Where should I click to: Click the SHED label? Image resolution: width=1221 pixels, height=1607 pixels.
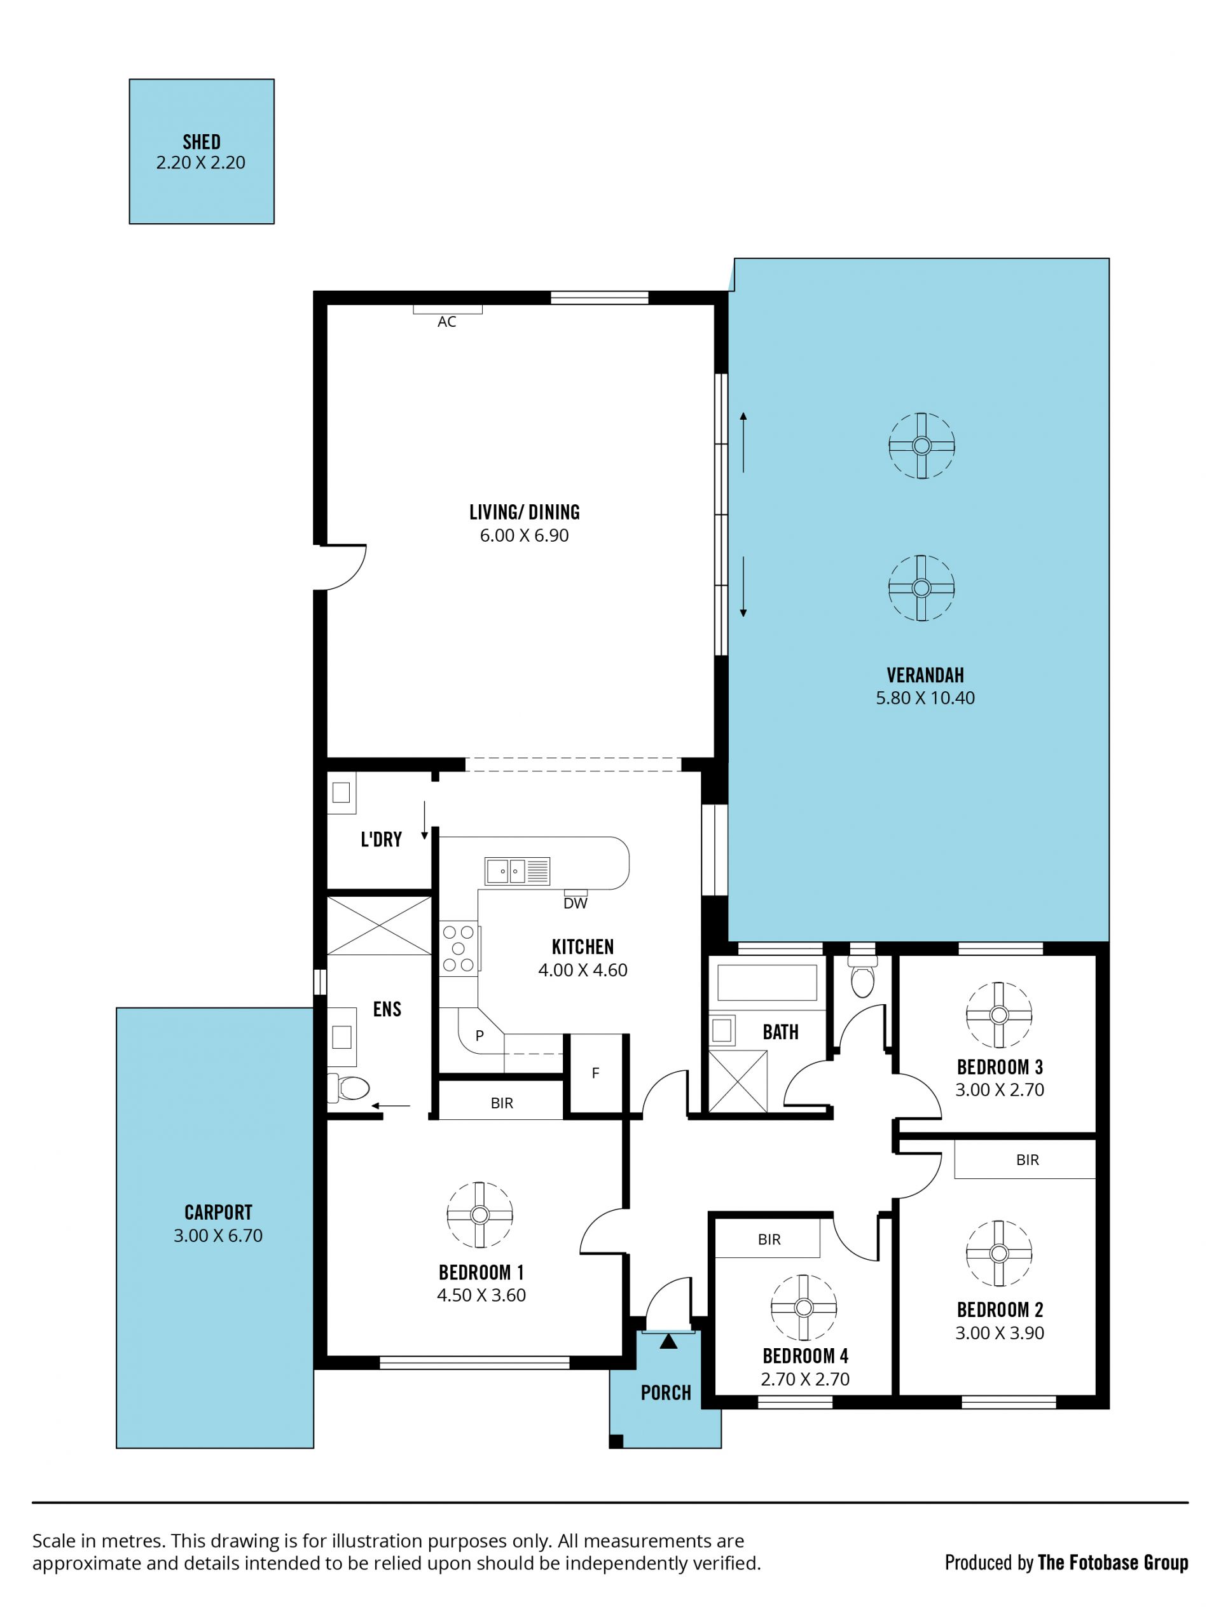coord(202,142)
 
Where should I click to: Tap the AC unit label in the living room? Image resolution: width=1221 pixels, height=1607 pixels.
coord(447,322)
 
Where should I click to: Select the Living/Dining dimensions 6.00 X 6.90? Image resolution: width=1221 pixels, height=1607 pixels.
coord(524,535)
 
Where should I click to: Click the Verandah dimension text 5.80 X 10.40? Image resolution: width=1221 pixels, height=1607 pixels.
coord(925,698)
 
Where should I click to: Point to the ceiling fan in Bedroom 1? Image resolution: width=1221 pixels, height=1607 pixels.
coord(479,1215)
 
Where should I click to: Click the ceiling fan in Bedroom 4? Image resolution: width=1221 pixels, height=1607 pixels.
coord(804,1307)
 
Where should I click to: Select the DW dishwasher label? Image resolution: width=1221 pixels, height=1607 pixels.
coord(575,904)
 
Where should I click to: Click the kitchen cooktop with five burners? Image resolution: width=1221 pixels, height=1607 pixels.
coord(459,949)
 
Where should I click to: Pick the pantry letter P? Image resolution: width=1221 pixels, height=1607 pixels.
coord(479,1037)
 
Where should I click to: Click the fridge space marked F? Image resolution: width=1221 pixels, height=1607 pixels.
coord(595,1073)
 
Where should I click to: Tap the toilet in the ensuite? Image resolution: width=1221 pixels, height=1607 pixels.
coord(349,1088)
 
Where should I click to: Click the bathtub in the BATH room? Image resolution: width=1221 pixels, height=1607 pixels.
coord(767,983)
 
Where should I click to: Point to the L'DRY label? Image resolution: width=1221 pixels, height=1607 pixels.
coord(381,840)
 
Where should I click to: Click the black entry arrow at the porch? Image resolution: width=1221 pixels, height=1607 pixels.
coord(668,1342)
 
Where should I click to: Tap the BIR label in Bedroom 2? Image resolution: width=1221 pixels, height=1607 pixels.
coord(1028,1160)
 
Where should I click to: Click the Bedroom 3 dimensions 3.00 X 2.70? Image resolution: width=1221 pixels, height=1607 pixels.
coord(999,1089)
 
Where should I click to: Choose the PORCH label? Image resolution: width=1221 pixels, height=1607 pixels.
coord(666,1393)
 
